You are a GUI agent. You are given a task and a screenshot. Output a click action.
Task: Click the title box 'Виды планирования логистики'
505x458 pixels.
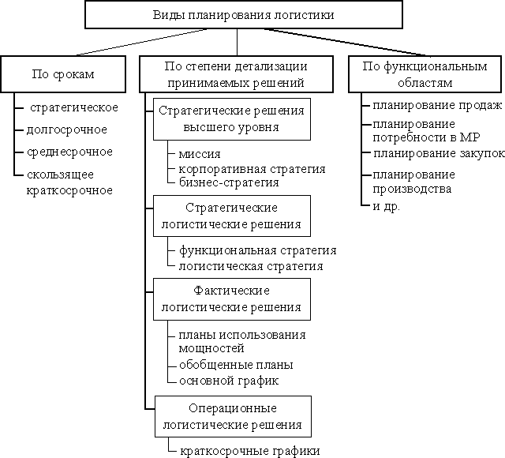(x=244, y=15)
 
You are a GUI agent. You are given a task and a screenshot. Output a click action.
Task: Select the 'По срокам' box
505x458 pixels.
(x=63, y=74)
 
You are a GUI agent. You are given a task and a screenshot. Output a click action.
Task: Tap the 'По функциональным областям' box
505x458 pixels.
(x=425, y=74)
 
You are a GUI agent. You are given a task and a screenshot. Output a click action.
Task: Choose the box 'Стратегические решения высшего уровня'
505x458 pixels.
(x=232, y=119)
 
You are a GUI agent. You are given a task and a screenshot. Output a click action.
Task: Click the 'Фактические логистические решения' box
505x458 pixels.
(x=232, y=299)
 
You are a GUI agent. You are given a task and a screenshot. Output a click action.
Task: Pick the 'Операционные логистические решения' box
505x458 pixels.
(x=234, y=416)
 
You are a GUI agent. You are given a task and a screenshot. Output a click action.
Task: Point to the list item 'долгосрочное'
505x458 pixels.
(x=66, y=130)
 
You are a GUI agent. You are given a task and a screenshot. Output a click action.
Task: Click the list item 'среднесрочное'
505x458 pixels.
(x=69, y=152)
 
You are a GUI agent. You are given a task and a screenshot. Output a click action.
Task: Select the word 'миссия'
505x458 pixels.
(x=200, y=154)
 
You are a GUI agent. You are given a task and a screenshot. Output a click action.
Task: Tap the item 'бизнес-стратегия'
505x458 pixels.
(x=229, y=182)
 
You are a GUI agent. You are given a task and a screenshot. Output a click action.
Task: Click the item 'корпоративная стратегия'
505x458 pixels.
(x=252, y=169)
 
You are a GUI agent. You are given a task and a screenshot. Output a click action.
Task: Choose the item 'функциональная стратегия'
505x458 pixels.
(x=258, y=250)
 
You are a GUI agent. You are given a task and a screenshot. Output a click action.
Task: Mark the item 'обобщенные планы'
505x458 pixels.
(x=236, y=365)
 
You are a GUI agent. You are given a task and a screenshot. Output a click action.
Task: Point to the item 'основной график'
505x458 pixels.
(x=229, y=381)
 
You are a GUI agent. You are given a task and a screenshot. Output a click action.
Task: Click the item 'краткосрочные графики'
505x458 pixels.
(x=250, y=451)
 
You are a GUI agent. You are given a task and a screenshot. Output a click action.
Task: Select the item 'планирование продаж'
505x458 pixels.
(x=437, y=105)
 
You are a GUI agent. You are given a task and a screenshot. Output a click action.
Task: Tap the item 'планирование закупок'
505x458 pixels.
(x=439, y=154)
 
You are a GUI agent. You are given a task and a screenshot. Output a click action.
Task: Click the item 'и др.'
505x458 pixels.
(x=386, y=206)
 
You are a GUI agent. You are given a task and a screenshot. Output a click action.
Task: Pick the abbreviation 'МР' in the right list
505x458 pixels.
(x=470, y=137)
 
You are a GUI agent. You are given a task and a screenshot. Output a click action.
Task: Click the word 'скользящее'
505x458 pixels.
(x=60, y=175)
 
